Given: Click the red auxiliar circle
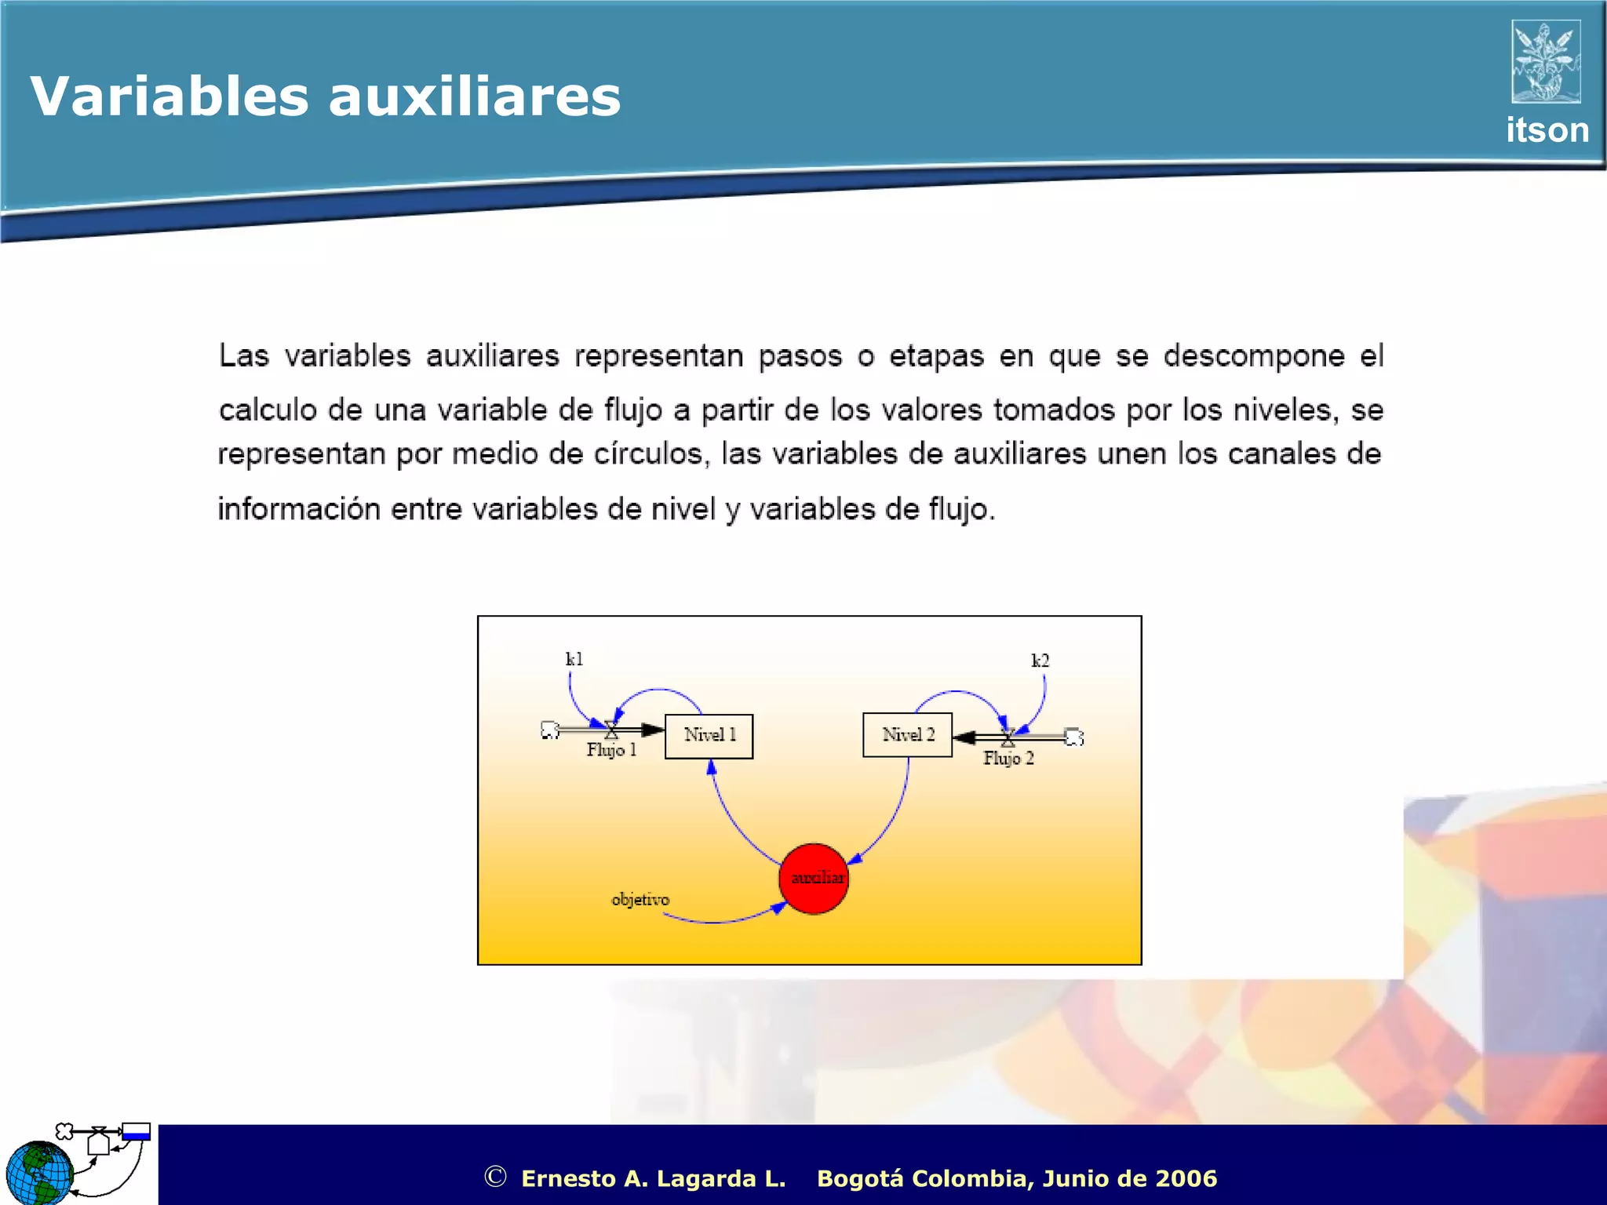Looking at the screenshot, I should tap(814, 879).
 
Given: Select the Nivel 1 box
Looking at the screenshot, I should tap(709, 736).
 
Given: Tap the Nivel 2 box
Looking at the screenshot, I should tap(907, 735).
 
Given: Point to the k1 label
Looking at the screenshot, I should tap(574, 659).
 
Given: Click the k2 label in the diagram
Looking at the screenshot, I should tap(1040, 661).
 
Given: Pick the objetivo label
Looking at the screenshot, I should tap(640, 899).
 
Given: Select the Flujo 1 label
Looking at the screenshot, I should tap(611, 750).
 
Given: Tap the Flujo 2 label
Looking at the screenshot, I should tap(1008, 759).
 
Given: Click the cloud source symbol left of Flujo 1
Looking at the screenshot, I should tap(550, 730).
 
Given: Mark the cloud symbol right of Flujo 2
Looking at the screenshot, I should tap(1074, 737).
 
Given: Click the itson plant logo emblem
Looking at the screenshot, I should tap(1546, 62).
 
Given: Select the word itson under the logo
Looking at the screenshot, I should tap(1547, 130).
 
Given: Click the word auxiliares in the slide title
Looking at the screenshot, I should tap(474, 97).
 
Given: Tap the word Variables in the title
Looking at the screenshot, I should tap(169, 97).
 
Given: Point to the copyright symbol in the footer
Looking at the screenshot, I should tap(495, 1177).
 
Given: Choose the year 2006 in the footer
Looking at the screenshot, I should tap(1186, 1178).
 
